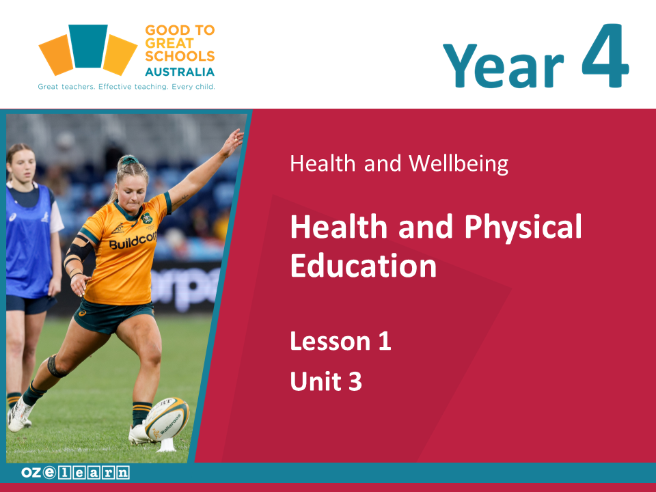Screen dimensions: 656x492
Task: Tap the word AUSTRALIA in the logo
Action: [180, 72]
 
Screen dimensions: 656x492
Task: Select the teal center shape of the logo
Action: [88, 46]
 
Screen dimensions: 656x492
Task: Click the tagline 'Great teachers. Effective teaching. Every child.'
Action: [126, 87]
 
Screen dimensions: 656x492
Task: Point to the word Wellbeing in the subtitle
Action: [459, 163]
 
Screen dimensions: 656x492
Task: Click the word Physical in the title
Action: [523, 227]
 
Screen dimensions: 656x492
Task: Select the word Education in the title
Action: [364, 266]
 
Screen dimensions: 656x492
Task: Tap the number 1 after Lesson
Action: [385, 341]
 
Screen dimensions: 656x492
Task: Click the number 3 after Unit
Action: [355, 381]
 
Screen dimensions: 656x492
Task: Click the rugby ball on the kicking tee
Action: [167, 419]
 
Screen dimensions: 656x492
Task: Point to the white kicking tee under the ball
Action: [167, 445]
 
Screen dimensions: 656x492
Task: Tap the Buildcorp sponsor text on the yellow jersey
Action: [133, 241]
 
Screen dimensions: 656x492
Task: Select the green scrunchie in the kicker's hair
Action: [130, 160]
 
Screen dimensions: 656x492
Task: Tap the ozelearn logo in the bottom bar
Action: [75, 473]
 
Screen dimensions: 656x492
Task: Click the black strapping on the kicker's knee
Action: [55, 366]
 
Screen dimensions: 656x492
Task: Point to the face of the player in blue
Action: [23, 165]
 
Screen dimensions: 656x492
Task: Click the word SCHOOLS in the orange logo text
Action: [180, 56]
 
